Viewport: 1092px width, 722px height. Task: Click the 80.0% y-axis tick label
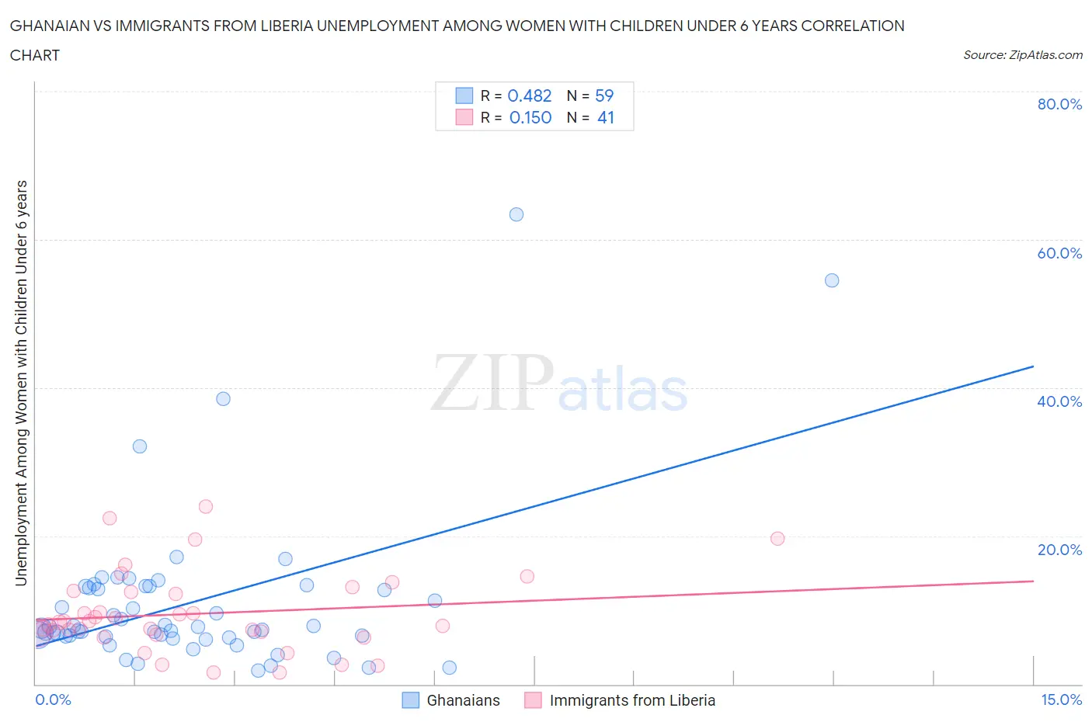point(1059,104)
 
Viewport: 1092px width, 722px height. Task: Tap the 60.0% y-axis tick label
point(1059,253)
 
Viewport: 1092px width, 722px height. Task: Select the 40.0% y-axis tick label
point(1059,401)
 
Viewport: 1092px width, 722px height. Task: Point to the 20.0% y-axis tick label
point(1059,550)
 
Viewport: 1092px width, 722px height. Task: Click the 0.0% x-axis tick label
point(53,699)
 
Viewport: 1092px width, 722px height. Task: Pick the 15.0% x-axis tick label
point(1061,699)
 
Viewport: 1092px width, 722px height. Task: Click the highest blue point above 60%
point(516,214)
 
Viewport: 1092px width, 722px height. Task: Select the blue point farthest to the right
point(832,280)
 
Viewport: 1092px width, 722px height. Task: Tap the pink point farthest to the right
point(777,538)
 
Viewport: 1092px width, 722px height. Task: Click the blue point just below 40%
point(223,399)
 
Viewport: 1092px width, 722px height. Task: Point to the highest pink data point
point(206,506)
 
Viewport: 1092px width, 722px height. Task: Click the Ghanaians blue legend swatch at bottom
point(410,700)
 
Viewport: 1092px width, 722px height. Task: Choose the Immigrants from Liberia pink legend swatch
point(533,700)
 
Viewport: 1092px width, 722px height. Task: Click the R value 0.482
point(529,95)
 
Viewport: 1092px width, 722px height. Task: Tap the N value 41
point(606,117)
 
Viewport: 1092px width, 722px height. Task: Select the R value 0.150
point(530,117)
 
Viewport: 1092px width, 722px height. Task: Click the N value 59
point(604,95)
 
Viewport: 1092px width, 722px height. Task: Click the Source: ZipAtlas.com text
point(1022,54)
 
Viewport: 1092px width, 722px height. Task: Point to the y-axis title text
point(21,383)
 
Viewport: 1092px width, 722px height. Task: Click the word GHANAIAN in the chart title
point(50,26)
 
